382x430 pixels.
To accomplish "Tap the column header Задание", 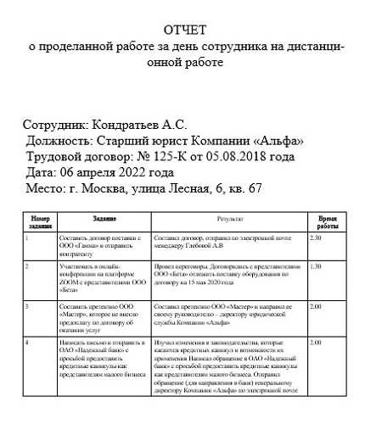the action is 104,218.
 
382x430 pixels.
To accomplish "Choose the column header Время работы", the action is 327,222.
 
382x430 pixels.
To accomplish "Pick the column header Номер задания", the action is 40,222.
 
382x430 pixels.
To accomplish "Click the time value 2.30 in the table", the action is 317,238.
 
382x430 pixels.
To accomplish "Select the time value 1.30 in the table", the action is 317,266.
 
